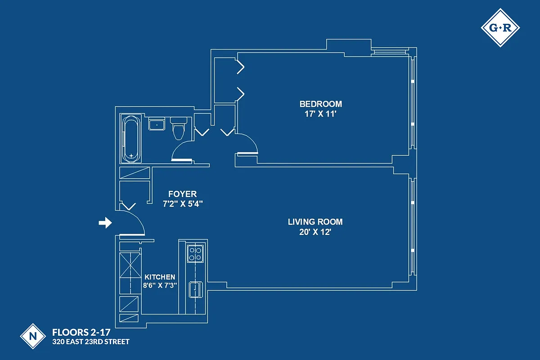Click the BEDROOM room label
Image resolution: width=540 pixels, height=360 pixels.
pos(320,104)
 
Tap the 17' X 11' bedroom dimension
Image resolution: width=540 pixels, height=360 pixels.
pos(320,114)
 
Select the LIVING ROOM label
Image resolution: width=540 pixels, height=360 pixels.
pos(315,222)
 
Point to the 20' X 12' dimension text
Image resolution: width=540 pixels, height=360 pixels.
pos(315,232)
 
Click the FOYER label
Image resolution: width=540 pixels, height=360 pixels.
pos(182,194)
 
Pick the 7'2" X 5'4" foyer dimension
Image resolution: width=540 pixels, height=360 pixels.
pos(182,203)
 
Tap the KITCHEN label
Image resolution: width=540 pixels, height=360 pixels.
pos(160,277)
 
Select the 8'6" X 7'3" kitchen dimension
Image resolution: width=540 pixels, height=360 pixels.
pos(160,285)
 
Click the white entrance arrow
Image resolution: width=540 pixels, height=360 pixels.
pos(105,223)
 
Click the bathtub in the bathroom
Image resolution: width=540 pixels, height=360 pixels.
pos(131,139)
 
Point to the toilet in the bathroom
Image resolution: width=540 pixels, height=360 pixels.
pos(178,128)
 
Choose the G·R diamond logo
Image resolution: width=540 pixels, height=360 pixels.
pos(500,27)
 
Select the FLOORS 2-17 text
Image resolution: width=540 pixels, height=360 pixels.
pos(81,333)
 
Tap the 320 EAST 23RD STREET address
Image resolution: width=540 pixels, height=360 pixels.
pos(91,342)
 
